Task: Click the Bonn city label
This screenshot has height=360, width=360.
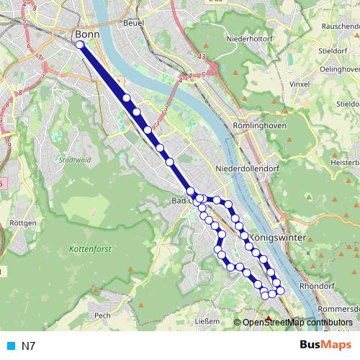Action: tap(86, 33)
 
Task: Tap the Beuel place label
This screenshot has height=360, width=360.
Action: tap(134, 23)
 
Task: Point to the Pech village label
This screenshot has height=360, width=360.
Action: tap(102, 315)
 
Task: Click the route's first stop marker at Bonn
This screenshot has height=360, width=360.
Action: tap(79, 45)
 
